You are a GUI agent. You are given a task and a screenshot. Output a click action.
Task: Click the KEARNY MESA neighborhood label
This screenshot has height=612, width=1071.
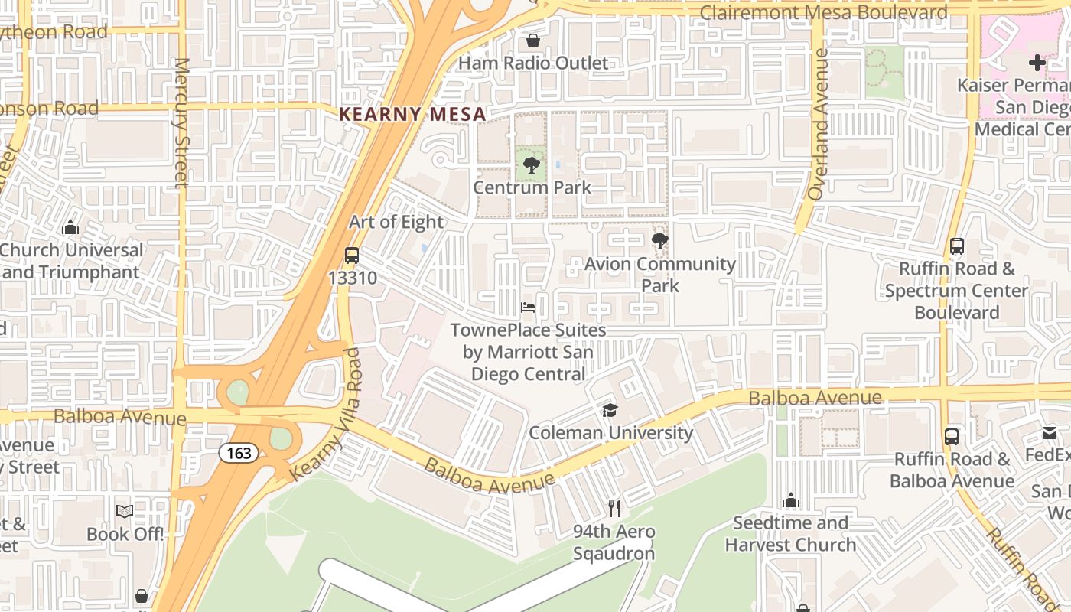click(x=412, y=114)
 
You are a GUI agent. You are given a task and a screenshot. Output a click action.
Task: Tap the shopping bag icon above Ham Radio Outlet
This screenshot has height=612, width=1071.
click(x=533, y=40)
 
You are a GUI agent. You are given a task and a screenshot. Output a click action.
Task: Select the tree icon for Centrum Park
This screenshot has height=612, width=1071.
click(x=532, y=164)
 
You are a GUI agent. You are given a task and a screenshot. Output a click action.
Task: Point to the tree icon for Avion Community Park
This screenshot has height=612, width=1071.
click(x=659, y=242)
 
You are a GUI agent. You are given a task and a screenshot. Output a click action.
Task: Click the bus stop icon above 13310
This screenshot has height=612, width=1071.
click(x=352, y=256)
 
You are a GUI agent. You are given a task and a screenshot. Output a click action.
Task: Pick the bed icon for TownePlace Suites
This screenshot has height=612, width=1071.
click(x=528, y=308)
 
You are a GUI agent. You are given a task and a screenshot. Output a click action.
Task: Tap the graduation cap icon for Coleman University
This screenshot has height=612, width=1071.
click(x=610, y=411)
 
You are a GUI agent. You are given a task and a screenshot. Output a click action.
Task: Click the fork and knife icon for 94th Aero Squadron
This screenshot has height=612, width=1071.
click(x=614, y=508)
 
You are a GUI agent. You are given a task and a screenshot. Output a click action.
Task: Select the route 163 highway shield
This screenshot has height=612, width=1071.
click(x=239, y=453)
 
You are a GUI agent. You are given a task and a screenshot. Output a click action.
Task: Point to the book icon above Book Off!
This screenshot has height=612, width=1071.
click(x=125, y=511)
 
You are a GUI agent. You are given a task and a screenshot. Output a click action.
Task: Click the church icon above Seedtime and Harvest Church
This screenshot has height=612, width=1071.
click(x=791, y=501)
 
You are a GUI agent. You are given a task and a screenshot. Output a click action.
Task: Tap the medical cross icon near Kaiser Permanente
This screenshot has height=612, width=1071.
click(x=1037, y=63)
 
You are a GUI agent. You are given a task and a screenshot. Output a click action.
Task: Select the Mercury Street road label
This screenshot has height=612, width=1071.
click(x=181, y=122)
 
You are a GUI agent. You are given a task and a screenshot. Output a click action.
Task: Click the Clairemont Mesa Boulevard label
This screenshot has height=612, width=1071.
click(x=824, y=12)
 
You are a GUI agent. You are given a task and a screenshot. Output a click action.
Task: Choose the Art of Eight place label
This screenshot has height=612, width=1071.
click(x=396, y=222)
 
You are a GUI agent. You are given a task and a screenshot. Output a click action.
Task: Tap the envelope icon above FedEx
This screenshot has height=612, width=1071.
click(x=1050, y=433)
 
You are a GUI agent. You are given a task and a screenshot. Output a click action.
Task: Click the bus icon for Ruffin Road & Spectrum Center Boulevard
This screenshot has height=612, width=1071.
click(x=957, y=246)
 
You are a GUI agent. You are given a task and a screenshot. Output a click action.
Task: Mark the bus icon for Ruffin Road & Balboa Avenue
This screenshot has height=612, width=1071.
click(x=952, y=437)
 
